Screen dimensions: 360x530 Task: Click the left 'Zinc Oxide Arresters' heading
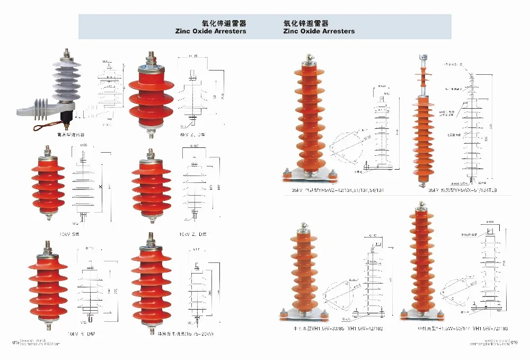(x=210, y=31)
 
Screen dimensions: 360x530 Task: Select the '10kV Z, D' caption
(x=193, y=233)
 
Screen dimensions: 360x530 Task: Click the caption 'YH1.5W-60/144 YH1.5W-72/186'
(x=462, y=329)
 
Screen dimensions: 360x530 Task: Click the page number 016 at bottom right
(x=514, y=342)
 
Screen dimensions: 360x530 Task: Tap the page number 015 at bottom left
(x=15, y=342)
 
